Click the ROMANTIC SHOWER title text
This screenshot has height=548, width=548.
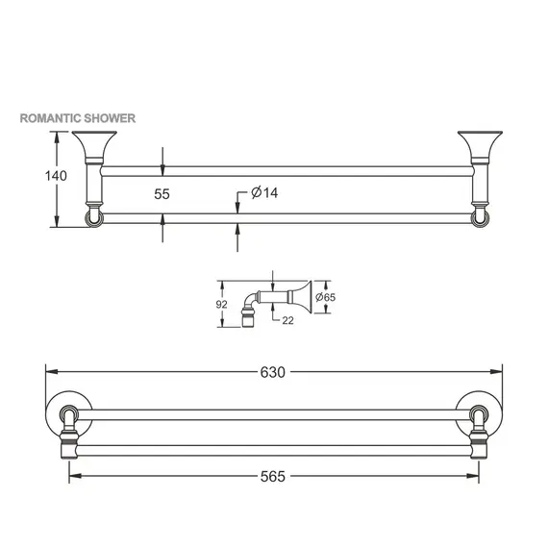tap(78, 118)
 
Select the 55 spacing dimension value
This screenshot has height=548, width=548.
tap(162, 193)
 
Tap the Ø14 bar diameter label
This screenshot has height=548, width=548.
tap(264, 193)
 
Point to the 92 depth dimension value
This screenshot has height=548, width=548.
tap(222, 304)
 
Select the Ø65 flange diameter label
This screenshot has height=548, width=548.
tap(328, 298)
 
